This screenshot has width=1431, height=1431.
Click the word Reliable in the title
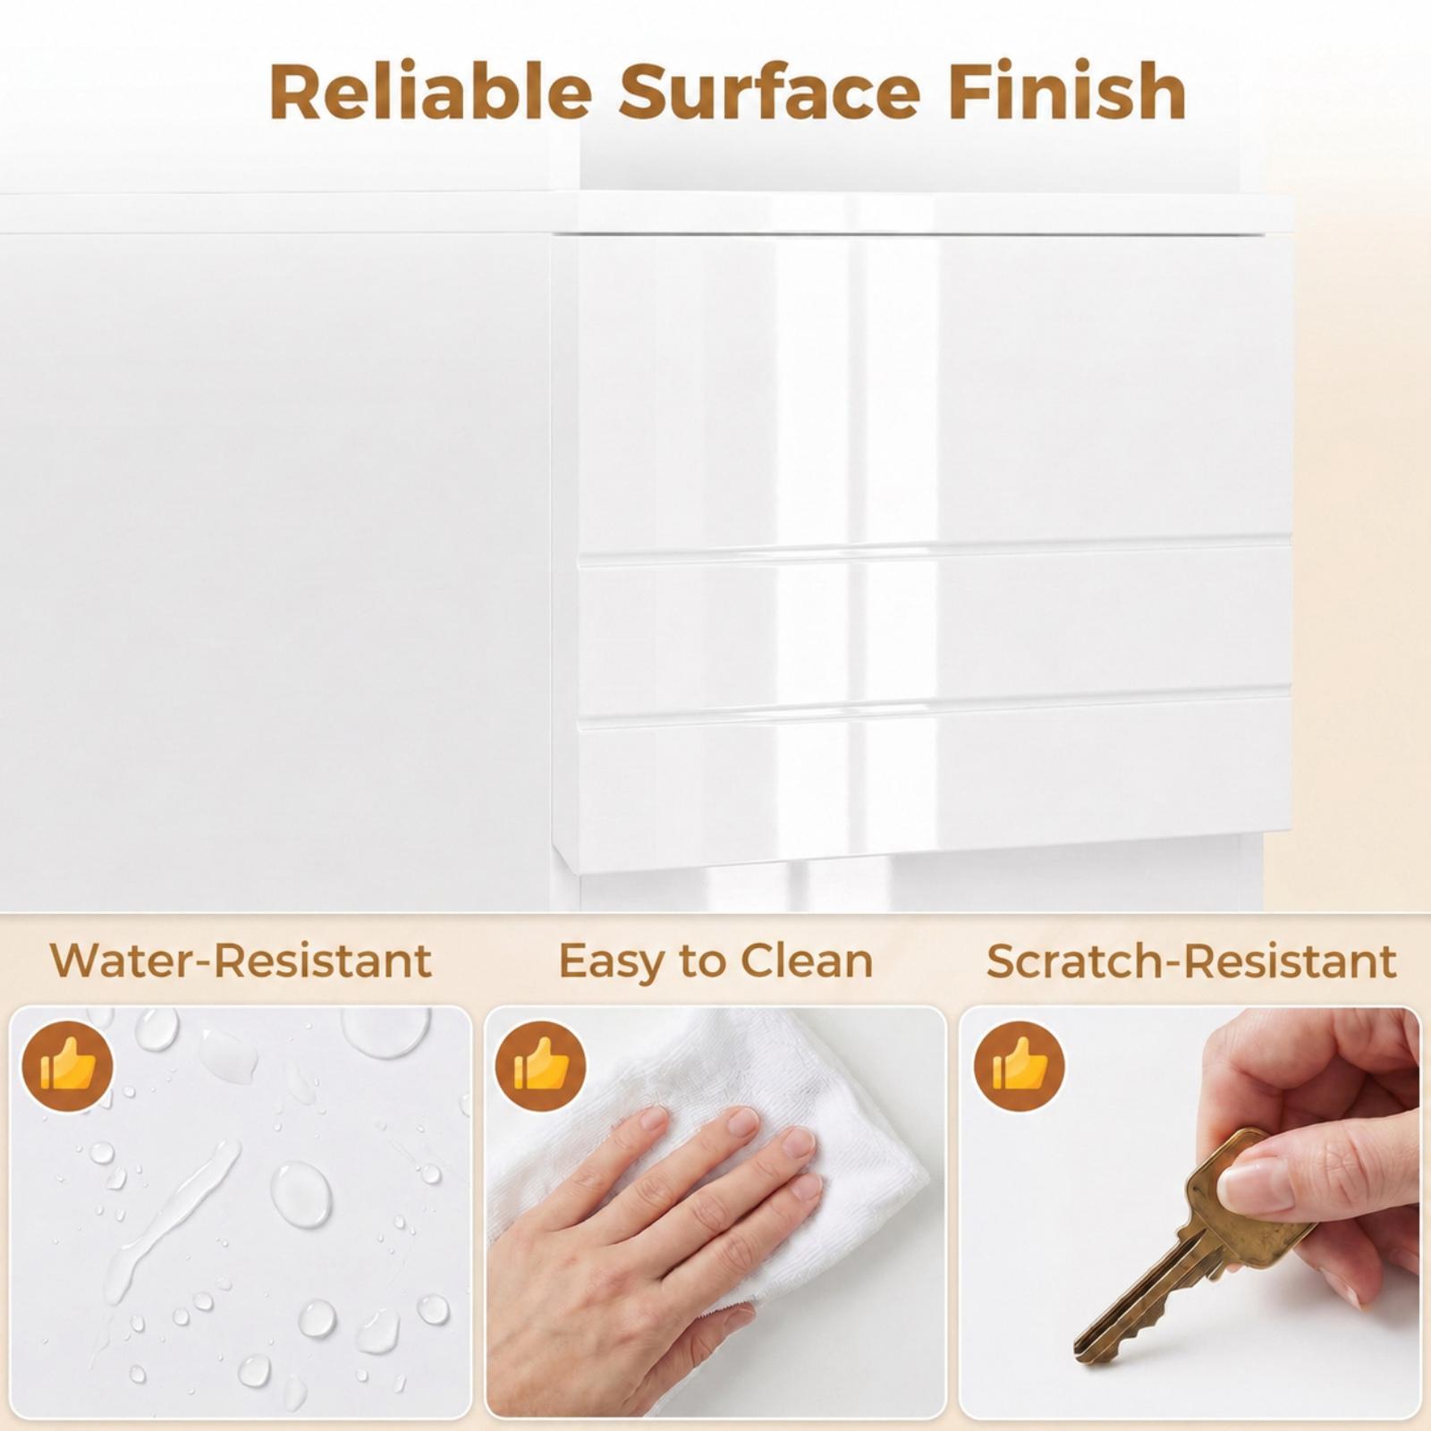pyautogui.click(x=430, y=91)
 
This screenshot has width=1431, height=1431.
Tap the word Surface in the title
pyautogui.click(x=769, y=91)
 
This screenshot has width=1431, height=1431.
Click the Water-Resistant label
pyautogui.click(x=241, y=961)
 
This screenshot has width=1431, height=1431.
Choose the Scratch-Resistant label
pyautogui.click(x=1191, y=961)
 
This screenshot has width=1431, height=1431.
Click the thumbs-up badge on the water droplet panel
pyautogui.click(x=67, y=1067)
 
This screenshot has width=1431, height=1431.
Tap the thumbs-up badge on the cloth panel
pyautogui.click(x=541, y=1067)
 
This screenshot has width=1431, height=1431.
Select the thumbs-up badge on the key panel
pyautogui.click(x=1019, y=1067)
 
